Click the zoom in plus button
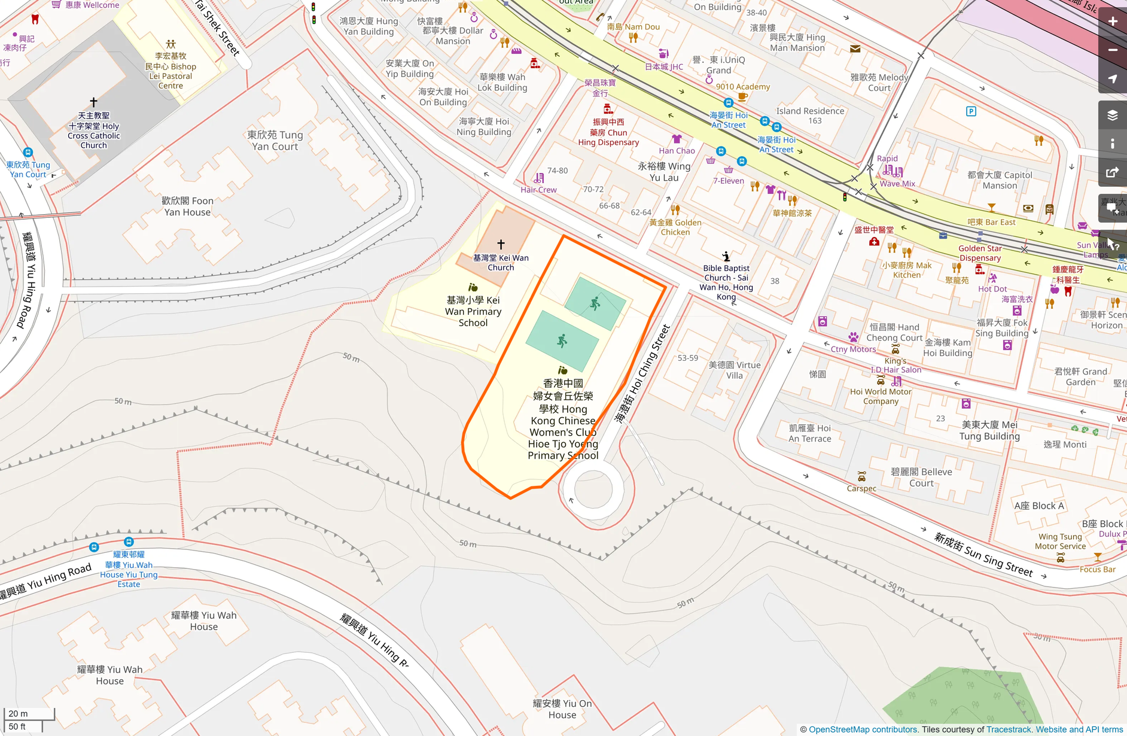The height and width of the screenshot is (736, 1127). click(x=1113, y=22)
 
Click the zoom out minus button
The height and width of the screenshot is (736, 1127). click(x=1113, y=50)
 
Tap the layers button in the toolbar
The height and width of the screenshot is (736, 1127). click(x=1113, y=115)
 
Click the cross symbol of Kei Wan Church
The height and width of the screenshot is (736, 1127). click(x=501, y=244)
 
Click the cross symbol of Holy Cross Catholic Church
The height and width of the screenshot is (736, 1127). click(x=93, y=102)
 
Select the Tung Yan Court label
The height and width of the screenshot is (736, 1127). click(x=275, y=141)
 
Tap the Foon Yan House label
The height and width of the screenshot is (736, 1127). click(x=187, y=206)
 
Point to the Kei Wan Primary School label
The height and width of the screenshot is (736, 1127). click(x=473, y=311)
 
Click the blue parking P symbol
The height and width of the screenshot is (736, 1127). click(x=971, y=111)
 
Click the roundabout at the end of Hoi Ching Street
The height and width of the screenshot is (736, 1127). click(x=592, y=489)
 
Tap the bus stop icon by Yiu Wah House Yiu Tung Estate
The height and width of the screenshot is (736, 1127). click(x=129, y=542)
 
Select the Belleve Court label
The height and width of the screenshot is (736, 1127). click(x=921, y=477)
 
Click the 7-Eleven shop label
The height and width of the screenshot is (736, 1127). click(x=728, y=181)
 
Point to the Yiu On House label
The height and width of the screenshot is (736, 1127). click(x=562, y=709)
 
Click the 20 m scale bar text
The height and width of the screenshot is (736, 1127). click(x=18, y=713)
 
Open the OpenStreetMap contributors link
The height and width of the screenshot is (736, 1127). click(x=863, y=729)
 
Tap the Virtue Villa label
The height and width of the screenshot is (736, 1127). click(x=735, y=370)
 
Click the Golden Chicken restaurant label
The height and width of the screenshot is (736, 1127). click(x=675, y=227)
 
